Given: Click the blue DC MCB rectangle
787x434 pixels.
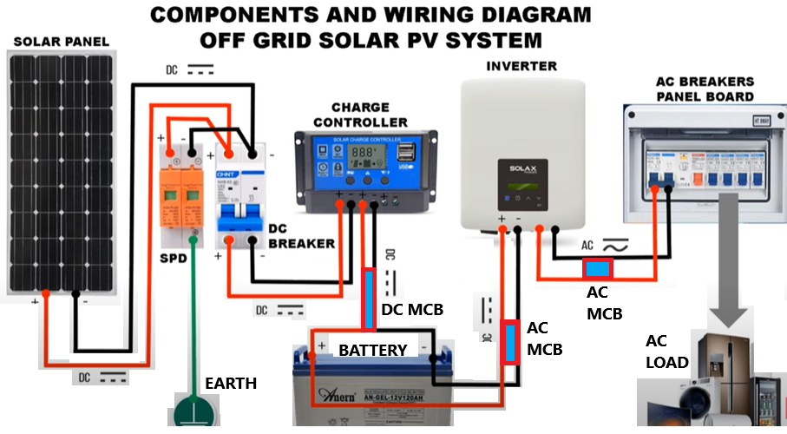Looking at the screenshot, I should [370, 300].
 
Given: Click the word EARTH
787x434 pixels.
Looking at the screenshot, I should [230, 383].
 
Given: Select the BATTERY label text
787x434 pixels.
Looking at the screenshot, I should [372, 350].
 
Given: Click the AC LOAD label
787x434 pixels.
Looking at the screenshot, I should [666, 352].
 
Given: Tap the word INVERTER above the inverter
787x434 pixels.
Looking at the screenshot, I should [521, 66].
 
